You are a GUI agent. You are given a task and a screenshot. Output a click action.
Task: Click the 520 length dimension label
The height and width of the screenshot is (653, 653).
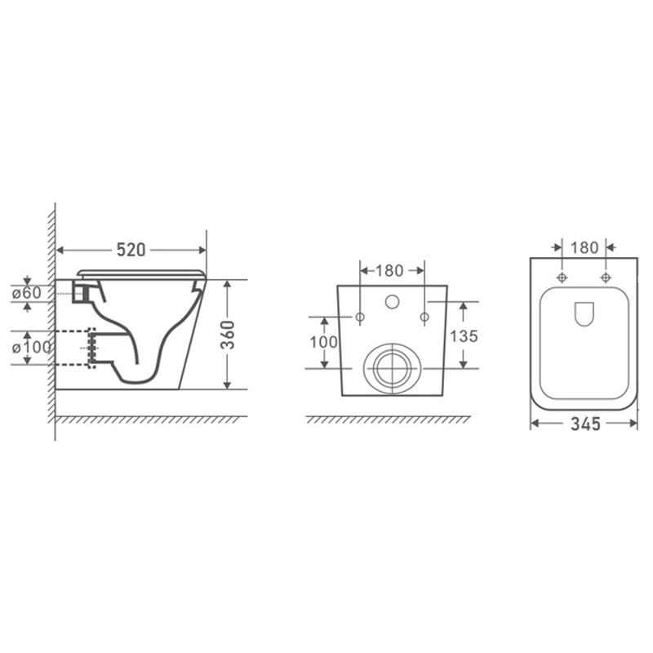pyautogui.click(x=131, y=250)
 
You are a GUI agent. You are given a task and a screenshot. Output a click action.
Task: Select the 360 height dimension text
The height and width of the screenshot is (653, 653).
pyautogui.click(x=228, y=335)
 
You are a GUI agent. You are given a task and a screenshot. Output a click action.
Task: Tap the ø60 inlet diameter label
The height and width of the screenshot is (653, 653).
pyautogui.click(x=27, y=293)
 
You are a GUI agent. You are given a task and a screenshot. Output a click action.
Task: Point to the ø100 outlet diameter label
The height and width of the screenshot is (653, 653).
pyautogui.click(x=31, y=347)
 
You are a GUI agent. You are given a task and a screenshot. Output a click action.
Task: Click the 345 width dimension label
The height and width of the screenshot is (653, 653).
pyautogui.click(x=585, y=424)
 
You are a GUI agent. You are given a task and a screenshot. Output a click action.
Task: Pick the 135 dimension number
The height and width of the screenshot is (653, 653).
pyautogui.click(x=464, y=336)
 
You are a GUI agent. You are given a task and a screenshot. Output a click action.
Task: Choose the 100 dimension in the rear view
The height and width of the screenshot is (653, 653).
pyautogui.click(x=323, y=342)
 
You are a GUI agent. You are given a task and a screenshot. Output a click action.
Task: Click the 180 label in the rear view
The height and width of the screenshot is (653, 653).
pyautogui.click(x=389, y=271)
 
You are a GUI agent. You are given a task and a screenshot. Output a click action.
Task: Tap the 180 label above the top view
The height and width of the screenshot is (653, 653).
pyautogui.click(x=584, y=248)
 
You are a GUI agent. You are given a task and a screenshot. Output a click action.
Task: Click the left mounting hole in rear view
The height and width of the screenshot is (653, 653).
pyautogui.click(x=360, y=318)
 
